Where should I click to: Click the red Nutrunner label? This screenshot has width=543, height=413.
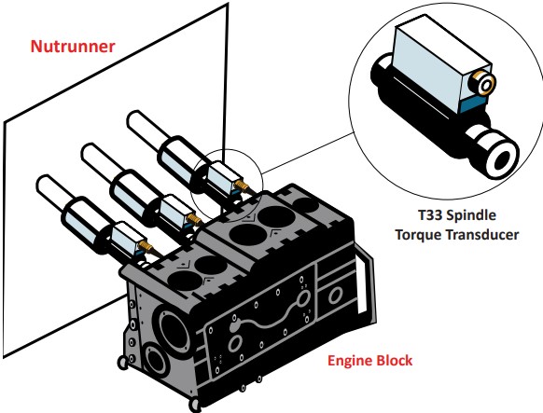73,47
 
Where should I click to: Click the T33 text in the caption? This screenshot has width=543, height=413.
430,215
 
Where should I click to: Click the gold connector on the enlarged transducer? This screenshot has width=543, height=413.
482,83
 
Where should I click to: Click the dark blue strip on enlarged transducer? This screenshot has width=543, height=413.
476,103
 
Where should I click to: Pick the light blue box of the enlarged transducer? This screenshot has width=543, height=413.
439,65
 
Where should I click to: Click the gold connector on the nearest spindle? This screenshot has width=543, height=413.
146,246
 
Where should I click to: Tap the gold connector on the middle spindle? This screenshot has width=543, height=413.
194,218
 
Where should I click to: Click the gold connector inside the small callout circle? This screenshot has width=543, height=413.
242,186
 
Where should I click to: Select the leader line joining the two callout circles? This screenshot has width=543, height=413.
308,152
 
